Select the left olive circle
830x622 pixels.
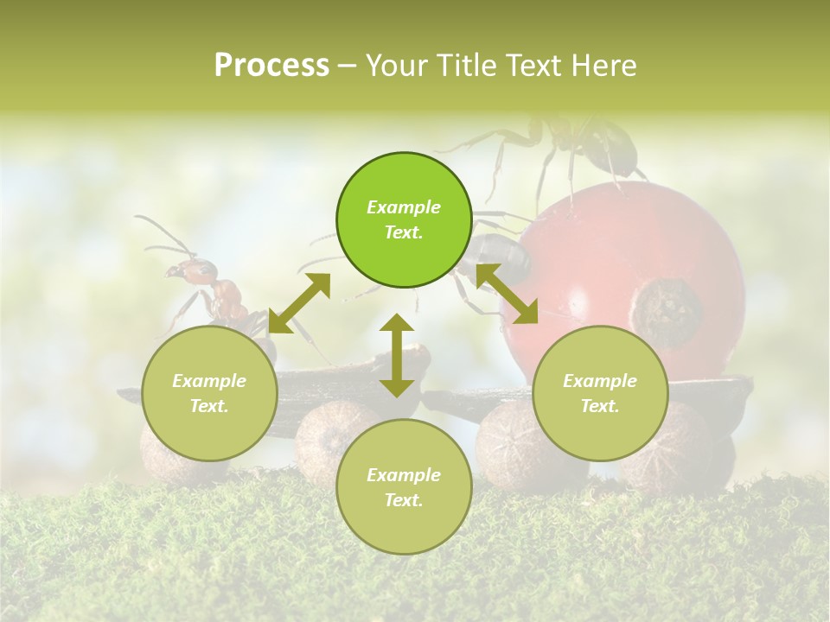pos(209,393)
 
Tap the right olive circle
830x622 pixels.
pos(600,393)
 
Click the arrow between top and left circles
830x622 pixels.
pos(299,303)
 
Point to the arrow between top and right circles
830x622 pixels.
pos(507,294)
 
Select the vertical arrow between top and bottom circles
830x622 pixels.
pos(397,355)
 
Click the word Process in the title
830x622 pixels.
pos(271,65)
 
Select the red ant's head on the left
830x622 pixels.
pos(176,271)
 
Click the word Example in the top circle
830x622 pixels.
pos(404,207)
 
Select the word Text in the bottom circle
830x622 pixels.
pos(404,500)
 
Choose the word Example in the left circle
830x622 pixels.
pos(209,381)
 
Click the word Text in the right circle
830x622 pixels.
pos(600,406)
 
